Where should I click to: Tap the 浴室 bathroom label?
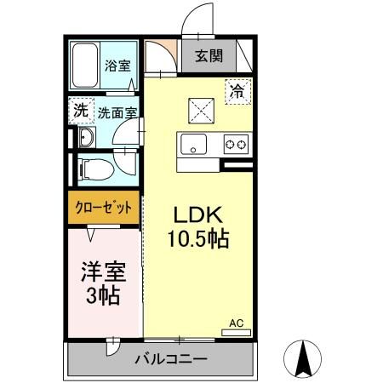point(117,65)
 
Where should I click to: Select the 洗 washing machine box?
point(80,110)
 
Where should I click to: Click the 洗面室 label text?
point(117,111)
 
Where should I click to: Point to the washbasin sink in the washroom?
point(85,140)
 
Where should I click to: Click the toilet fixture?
point(92,169)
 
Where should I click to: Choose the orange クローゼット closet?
point(103,206)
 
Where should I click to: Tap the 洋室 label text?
point(104,272)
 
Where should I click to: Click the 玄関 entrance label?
point(209,56)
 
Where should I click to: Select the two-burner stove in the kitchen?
point(236,145)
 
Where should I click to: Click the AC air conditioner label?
point(237,323)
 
